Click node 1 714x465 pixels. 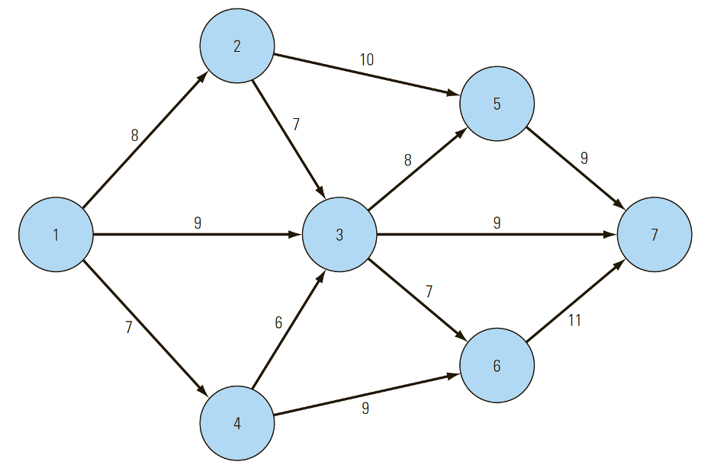tap(56, 235)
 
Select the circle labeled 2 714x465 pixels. tap(237, 46)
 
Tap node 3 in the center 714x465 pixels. tap(339, 235)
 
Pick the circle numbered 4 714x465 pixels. tap(237, 423)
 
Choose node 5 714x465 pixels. tap(497, 104)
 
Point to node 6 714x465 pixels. tap(497, 366)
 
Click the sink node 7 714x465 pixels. tap(654, 235)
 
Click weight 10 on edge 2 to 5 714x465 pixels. tap(367, 59)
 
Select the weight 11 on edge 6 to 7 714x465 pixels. tap(574, 321)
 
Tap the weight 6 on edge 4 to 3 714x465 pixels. tap(278, 323)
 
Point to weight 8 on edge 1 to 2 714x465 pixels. tap(135, 136)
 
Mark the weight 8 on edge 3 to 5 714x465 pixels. tap(407, 161)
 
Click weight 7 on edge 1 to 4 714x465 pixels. tap(129, 328)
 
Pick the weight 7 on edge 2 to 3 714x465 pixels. tap(296, 124)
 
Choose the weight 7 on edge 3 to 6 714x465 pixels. tap(429, 291)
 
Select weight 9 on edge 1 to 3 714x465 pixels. tap(198, 223)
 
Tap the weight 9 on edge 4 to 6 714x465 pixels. tap(365, 409)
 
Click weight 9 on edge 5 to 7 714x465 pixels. tap(584, 159)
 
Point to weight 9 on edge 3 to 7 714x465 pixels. tap(497, 223)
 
